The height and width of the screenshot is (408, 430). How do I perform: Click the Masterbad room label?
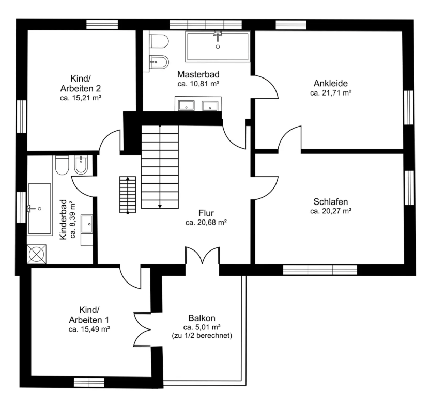(x=198, y=74)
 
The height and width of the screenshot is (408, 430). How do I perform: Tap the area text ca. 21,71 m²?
(x=331, y=93)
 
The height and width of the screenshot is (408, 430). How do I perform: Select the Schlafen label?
(x=331, y=201)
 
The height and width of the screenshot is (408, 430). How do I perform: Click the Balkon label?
(x=202, y=318)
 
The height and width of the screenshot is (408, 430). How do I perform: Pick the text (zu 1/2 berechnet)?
(x=202, y=336)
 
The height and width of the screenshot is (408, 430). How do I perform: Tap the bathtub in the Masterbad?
(x=218, y=46)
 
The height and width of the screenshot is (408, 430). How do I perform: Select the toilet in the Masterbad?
(x=159, y=41)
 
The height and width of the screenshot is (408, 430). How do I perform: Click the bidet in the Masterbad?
(x=159, y=62)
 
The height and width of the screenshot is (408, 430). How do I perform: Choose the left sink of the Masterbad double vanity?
(x=187, y=105)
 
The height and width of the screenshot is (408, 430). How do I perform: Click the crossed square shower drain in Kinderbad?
(x=37, y=254)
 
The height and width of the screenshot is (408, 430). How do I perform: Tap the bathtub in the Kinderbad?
(x=39, y=209)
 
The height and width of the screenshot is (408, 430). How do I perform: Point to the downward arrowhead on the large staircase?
(x=160, y=207)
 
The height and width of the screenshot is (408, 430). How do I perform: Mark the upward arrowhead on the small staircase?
(x=128, y=179)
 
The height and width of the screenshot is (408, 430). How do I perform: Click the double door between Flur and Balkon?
(x=203, y=255)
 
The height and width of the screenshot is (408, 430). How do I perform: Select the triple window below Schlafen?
(x=320, y=270)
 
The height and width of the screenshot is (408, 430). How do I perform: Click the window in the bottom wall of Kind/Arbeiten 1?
(x=89, y=382)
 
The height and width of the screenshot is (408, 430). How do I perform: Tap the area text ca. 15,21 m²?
(x=81, y=98)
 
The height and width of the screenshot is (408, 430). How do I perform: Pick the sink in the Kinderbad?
(x=87, y=224)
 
